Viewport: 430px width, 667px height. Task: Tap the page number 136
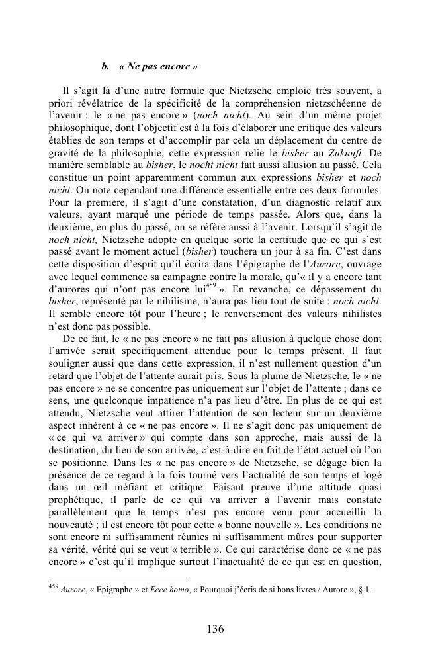216,629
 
